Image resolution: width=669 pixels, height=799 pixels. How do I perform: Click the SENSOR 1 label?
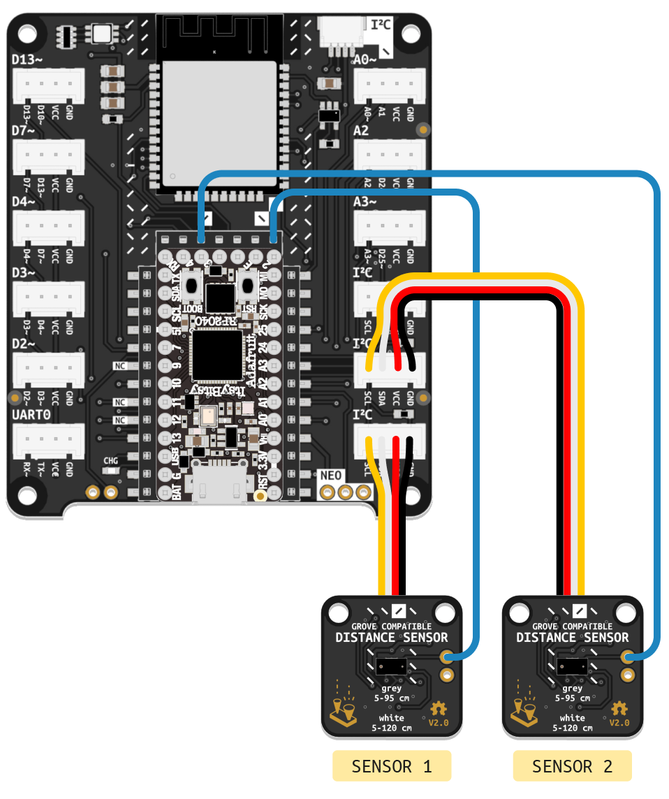[391, 766]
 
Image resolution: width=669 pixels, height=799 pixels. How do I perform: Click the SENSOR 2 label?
[572, 766]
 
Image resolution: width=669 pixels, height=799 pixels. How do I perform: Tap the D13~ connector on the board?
[48, 85]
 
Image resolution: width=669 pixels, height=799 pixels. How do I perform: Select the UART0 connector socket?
[48, 441]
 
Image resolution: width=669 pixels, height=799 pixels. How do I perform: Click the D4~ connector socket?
[48, 228]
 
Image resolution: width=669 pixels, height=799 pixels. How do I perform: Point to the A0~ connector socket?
[390, 85]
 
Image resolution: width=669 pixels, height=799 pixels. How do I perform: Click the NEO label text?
[331, 476]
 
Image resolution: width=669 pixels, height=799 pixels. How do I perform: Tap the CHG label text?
[110, 461]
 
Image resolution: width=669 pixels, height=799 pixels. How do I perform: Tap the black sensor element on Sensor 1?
[391, 666]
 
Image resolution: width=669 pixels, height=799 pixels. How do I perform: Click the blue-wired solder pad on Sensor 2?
[628, 657]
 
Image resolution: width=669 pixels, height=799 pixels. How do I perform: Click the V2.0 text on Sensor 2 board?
[619, 723]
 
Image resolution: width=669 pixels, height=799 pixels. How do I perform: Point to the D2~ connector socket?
[48, 370]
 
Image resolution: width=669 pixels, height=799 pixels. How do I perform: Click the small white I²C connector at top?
[338, 33]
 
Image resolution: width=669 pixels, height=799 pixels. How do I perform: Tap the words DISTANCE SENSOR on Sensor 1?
[391, 637]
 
